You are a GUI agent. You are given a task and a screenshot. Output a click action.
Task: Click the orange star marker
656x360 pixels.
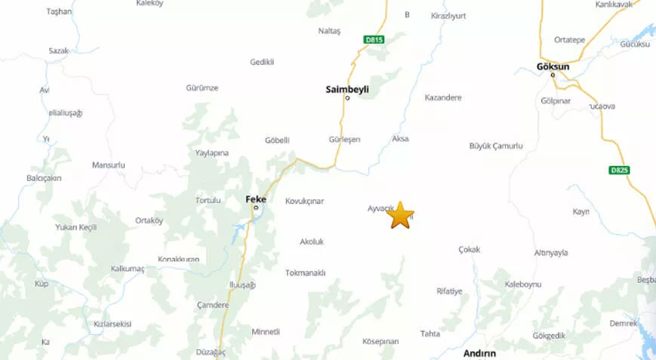400,215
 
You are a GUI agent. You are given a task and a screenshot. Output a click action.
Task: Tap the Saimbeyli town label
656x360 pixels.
346,89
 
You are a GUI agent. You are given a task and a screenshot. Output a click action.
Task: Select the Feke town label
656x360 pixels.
256,199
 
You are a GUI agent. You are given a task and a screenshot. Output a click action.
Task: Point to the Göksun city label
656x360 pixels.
553,66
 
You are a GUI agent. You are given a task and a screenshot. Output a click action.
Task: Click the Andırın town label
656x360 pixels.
479,352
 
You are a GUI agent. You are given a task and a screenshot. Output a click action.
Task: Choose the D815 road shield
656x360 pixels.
374,40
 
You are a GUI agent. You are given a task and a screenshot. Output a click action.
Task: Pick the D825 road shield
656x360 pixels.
619,170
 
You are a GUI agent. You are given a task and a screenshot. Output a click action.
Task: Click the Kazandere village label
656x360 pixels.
443,97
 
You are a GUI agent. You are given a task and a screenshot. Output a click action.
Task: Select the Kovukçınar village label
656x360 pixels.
304,202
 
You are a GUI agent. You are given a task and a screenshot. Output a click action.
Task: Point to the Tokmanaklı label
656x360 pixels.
305,272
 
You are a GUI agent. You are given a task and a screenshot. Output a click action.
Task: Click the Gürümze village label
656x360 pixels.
202,88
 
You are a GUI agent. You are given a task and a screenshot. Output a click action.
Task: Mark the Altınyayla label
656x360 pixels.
550,253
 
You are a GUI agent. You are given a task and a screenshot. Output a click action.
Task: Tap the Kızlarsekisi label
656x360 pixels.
112,324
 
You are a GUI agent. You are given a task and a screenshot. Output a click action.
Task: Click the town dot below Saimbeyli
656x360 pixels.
347,98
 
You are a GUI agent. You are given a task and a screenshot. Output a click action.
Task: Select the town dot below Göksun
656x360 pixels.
553,74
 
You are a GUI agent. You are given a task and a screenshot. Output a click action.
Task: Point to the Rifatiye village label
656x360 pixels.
449,291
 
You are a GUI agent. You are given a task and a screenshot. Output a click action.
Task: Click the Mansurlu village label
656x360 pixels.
108,165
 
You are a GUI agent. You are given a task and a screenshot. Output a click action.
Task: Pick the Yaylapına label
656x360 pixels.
211,152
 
